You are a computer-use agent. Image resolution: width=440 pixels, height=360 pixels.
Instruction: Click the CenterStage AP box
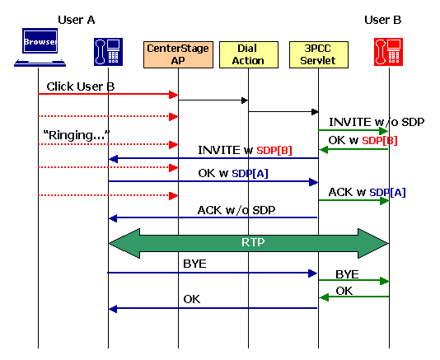pyautogui.click(x=177, y=54)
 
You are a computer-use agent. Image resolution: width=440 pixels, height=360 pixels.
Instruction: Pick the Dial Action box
pyautogui.click(x=249, y=54)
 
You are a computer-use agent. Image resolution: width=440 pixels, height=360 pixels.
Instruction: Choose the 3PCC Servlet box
pyautogui.click(x=318, y=54)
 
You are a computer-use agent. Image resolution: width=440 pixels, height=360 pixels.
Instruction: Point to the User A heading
pyautogui.click(x=76, y=19)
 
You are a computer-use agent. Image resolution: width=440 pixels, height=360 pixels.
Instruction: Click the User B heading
pyautogui.click(x=383, y=19)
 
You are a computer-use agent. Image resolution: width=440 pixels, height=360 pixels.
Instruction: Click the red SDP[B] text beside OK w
pyautogui.click(x=380, y=141)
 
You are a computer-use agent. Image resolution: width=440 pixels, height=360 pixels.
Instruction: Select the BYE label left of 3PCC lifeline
pyautogui.click(x=194, y=264)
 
